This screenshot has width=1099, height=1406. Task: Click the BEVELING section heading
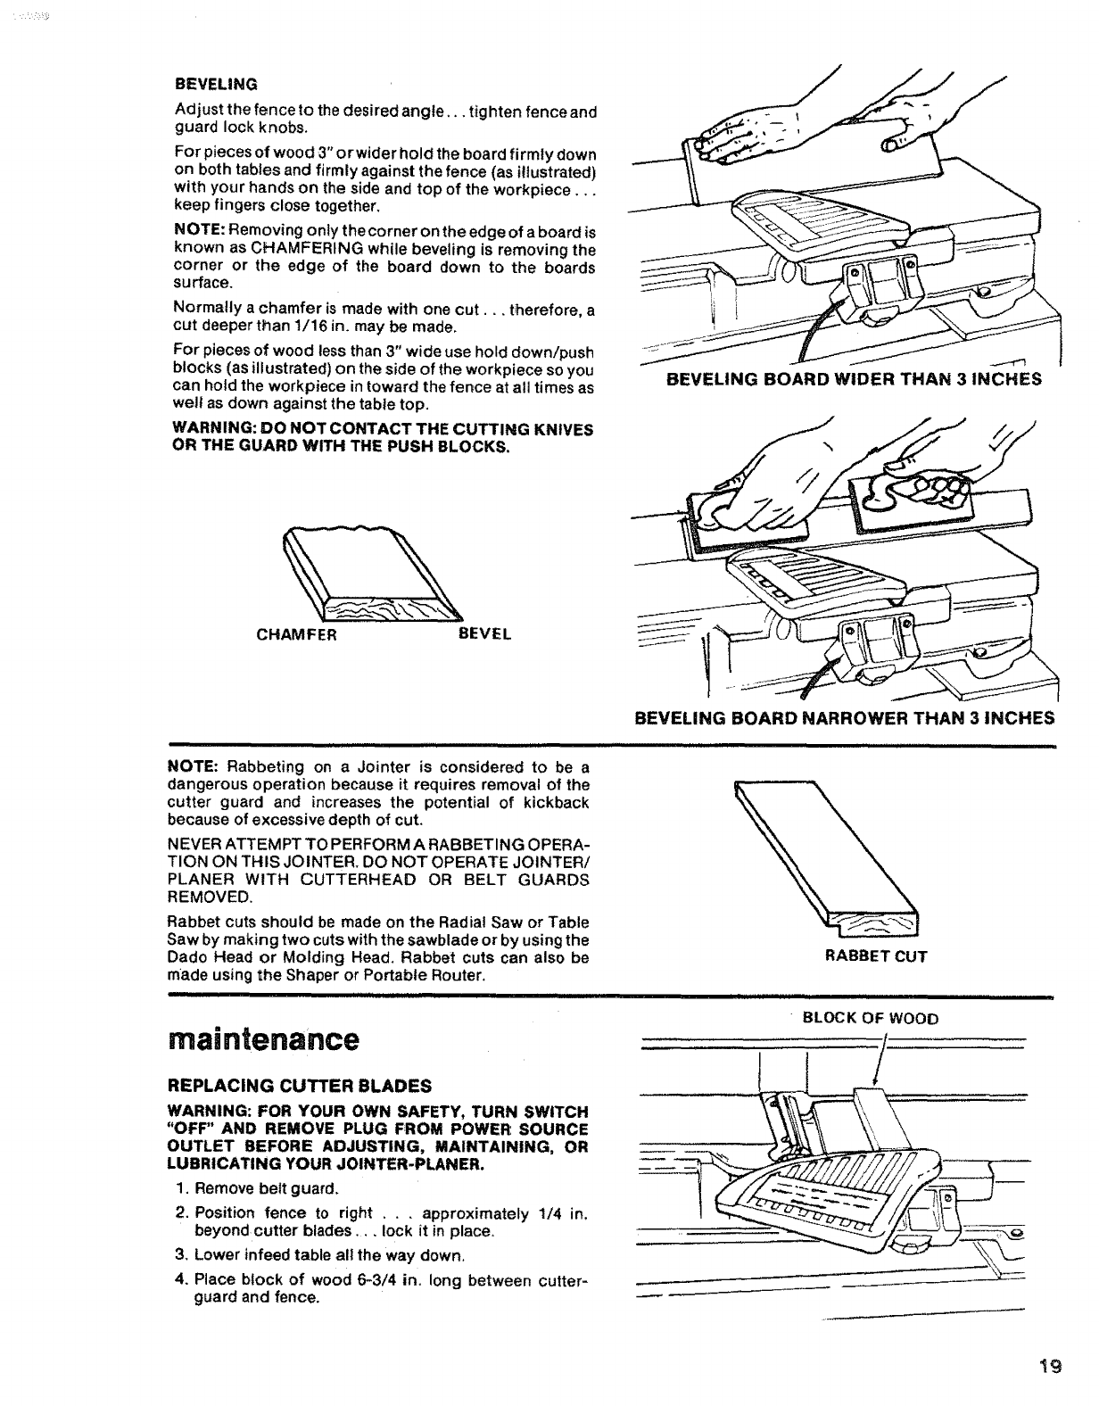[x=216, y=84]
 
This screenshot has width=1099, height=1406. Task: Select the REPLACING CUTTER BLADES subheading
[x=300, y=1086]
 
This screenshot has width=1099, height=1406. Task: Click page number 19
[x=1048, y=1366]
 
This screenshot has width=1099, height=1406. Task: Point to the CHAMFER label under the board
[x=295, y=634]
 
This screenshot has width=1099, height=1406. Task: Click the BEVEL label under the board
[x=484, y=634]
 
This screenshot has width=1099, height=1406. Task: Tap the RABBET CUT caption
[x=876, y=956]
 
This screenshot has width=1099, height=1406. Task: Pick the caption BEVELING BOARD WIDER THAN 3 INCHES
[x=854, y=379]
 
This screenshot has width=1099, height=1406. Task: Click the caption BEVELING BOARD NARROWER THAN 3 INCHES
[x=844, y=717]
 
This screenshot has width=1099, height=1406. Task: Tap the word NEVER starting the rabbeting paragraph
[x=191, y=845]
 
